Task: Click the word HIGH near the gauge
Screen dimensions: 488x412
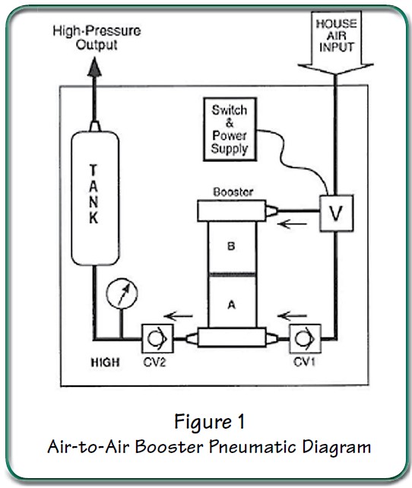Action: [105, 363]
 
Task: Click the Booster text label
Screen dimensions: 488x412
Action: [233, 192]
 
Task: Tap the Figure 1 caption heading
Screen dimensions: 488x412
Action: [206, 421]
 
